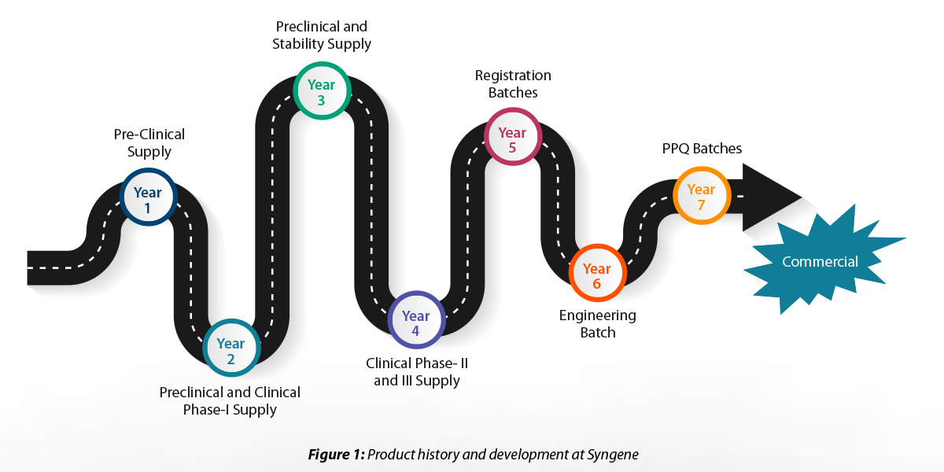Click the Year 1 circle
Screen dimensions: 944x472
pyautogui.click(x=149, y=197)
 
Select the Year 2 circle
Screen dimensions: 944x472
pyautogui.click(x=231, y=348)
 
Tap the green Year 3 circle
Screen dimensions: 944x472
pyautogui.click(x=322, y=90)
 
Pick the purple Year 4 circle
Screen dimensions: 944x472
pyautogui.click(x=416, y=320)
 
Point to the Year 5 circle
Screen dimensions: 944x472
pyautogui.click(x=513, y=137)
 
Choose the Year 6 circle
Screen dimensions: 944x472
pyautogui.click(x=598, y=273)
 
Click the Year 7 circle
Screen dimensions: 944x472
pyautogui.click(x=702, y=196)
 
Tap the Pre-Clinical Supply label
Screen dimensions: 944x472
pyautogui.click(x=149, y=143)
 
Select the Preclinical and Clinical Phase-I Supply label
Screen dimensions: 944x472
pyautogui.click(x=230, y=400)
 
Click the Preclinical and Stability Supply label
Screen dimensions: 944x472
pyautogui.click(x=322, y=35)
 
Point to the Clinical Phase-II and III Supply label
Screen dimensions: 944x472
pyautogui.click(x=417, y=371)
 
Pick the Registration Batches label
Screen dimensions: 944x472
pyautogui.click(x=513, y=84)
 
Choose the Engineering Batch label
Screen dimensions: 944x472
pyautogui.click(x=598, y=323)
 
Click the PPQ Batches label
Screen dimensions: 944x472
pyautogui.click(x=702, y=149)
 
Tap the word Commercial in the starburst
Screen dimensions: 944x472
pyautogui.click(x=820, y=262)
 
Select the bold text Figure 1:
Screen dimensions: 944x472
pyautogui.click(x=337, y=455)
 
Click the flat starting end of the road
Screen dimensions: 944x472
pyautogui.click(x=28, y=267)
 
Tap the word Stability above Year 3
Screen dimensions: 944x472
pyautogui.click(x=298, y=44)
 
